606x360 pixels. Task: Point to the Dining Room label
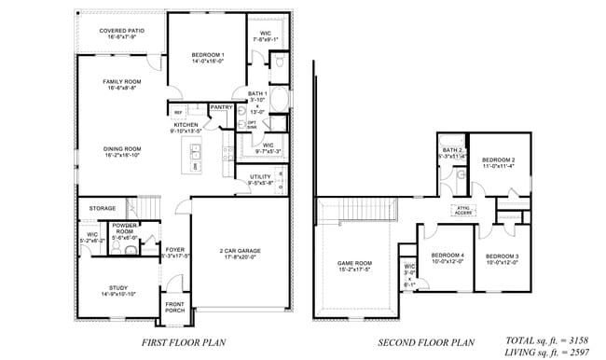pyautogui.click(x=121, y=152)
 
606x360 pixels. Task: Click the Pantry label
pyautogui.click(x=221, y=107)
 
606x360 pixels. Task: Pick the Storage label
pyautogui.click(x=103, y=208)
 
